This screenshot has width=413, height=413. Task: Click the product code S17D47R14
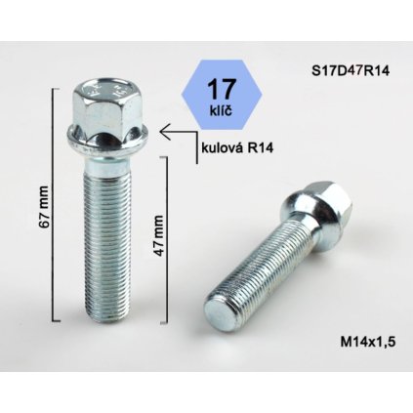coord(344,69)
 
